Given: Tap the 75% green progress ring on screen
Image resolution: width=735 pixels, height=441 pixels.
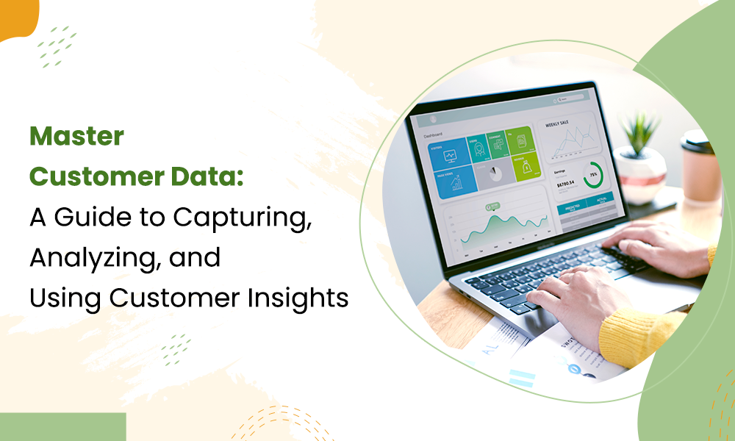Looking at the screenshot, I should click(592, 175).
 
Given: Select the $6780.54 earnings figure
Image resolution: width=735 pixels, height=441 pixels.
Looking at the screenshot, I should click(565, 184).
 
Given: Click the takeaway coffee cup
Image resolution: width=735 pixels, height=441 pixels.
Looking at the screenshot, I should click(699, 166).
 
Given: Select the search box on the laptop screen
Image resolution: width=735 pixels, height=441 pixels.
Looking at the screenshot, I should click(566, 98).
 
